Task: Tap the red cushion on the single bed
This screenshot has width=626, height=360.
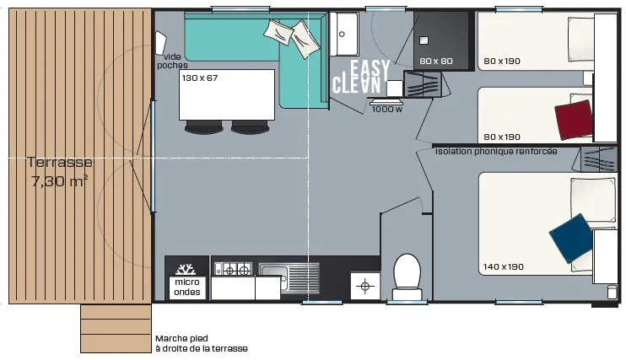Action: pyautogui.click(x=574, y=120)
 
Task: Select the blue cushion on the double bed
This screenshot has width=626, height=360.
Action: pyautogui.click(x=572, y=239)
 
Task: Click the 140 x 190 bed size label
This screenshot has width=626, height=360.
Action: pyautogui.click(x=503, y=266)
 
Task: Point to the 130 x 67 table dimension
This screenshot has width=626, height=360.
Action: pyautogui.click(x=200, y=78)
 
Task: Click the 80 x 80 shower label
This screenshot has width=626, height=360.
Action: pyautogui.click(x=436, y=61)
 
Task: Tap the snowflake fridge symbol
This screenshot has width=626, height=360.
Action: pyautogui.click(x=186, y=269)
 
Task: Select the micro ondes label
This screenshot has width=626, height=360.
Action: pyautogui.click(x=186, y=287)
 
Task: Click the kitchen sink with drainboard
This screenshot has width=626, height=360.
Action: pyautogui.click(x=289, y=277)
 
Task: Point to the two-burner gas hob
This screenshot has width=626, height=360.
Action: pyautogui.click(x=233, y=270)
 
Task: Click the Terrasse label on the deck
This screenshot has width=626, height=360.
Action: pyautogui.click(x=60, y=162)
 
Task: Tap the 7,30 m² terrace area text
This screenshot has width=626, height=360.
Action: pyautogui.click(x=60, y=181)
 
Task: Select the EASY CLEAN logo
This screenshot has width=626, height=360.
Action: pyautogui.click(x=360, y=77)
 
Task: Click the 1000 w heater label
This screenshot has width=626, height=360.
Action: pyautogui.click(x=387, y=109)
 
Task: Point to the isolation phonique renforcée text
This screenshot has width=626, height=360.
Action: pyautogui.click(x=496, y=151)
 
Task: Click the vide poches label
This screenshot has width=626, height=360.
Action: pyautogui.click(x=172, y=61)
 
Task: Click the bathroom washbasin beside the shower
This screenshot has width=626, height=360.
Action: pyautogui.click(x=344, y=34)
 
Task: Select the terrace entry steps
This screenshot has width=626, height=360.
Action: pyautogui.click(x=116, y=329)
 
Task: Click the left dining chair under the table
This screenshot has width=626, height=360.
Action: pyautogui.click(x=203, y=127)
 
